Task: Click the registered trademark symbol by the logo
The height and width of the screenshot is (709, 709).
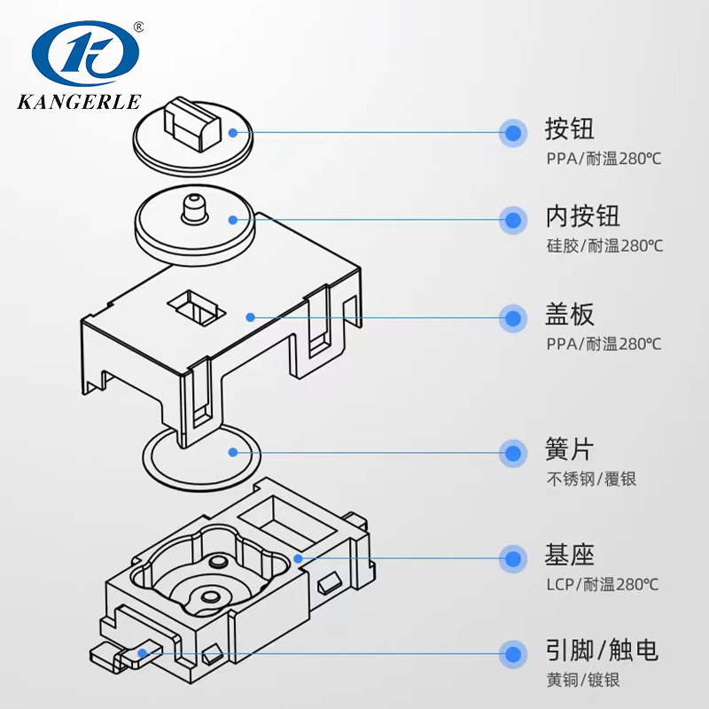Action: click(137, 27)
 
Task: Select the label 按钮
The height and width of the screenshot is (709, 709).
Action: click(569, 131)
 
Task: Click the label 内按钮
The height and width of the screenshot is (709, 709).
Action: click(582, 216)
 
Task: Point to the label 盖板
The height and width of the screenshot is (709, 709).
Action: click(569, 316)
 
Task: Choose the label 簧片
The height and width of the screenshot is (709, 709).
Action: click(569, 452)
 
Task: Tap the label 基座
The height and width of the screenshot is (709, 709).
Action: click(569, 557)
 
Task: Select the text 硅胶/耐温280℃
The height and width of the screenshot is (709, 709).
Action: click(604, 245)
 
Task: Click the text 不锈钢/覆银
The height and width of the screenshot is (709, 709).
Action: click(591, 479)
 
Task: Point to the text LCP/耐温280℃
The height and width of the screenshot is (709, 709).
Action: click(603, 584)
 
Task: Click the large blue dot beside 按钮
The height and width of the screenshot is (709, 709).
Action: click(512, 133)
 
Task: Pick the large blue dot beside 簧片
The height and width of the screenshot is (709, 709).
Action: click(512, 453)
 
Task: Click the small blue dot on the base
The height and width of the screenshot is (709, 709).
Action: click(299, 558)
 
